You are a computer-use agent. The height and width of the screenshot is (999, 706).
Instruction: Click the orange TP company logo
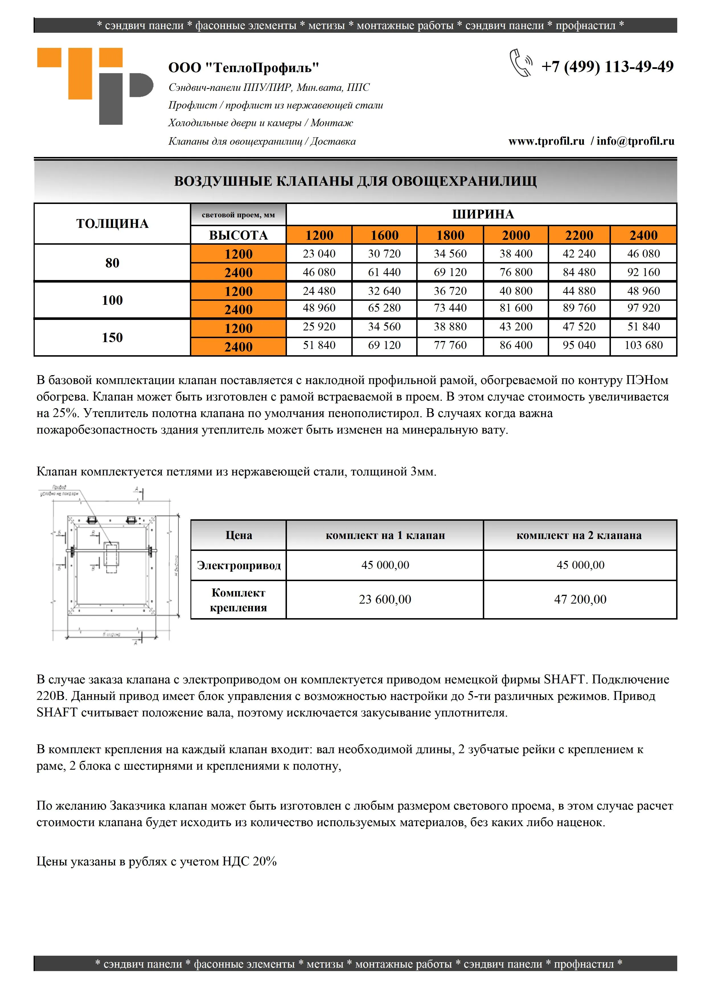tap(95, 86)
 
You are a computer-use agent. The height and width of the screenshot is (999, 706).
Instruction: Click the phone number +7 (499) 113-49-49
tap(607, 67)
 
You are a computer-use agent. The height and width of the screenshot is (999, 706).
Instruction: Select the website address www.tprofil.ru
tap(546, 141)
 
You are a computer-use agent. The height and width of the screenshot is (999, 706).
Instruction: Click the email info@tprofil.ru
tap(635, 141)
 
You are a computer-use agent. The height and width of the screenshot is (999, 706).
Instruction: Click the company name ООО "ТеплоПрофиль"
tap(243, 68)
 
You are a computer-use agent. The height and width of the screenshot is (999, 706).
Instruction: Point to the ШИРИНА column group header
tap(483, 214)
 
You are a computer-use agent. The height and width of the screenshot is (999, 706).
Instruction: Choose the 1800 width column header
tap(450, 235)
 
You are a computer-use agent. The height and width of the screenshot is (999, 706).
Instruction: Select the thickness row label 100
tap(112, 300)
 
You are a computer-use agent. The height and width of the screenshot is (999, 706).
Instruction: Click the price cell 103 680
tap(643, 346)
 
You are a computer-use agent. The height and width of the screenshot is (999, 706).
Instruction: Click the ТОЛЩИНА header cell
tap(112, 224)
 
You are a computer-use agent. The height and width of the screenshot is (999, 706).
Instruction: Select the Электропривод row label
tap(239, 565)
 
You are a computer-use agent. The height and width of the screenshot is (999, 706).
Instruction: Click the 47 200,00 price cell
tap(580, 600)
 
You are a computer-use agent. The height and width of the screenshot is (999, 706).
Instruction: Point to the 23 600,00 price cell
tap(385, 600)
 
